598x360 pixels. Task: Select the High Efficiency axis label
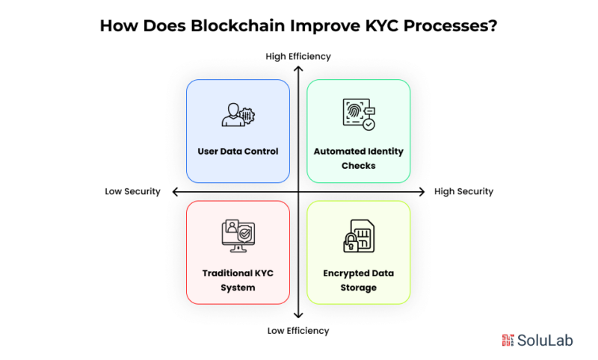[298, 56]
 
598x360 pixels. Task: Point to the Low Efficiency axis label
[298, 330]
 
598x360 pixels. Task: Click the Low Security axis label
[133, 192]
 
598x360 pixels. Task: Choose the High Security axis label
[463, 192]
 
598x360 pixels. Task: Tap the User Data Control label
[238, 152]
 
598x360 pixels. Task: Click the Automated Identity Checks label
[359, 158]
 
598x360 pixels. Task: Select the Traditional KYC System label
[238, 280]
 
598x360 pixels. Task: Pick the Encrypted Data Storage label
[359, 280]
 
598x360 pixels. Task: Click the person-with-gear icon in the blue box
[237, 114]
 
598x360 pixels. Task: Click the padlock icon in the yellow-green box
[351, 242]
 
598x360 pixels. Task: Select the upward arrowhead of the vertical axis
[298, 69]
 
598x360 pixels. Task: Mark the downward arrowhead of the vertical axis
[298, 316]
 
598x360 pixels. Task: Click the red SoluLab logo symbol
[508, 340]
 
